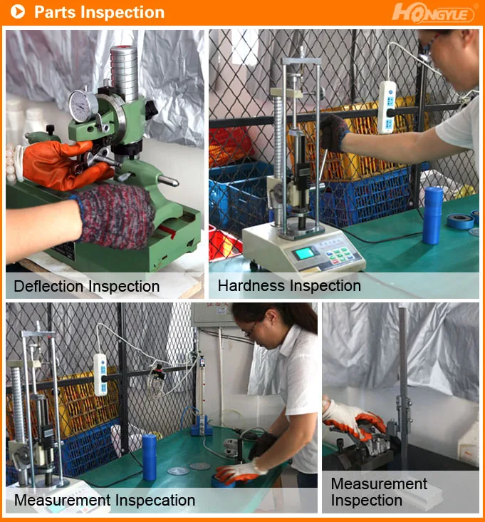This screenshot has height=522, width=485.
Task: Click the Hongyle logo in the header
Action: [434, 12]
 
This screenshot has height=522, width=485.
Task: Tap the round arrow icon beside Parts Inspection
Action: [18, 12]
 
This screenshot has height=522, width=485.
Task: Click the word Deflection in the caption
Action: [48, 287]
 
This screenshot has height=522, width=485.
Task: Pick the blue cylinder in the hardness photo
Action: [432, 215]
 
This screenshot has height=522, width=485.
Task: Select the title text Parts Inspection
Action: [99, 12]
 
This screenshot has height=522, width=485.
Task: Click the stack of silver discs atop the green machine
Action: [125, 71]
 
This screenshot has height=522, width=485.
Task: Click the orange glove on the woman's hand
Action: [238, 471]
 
